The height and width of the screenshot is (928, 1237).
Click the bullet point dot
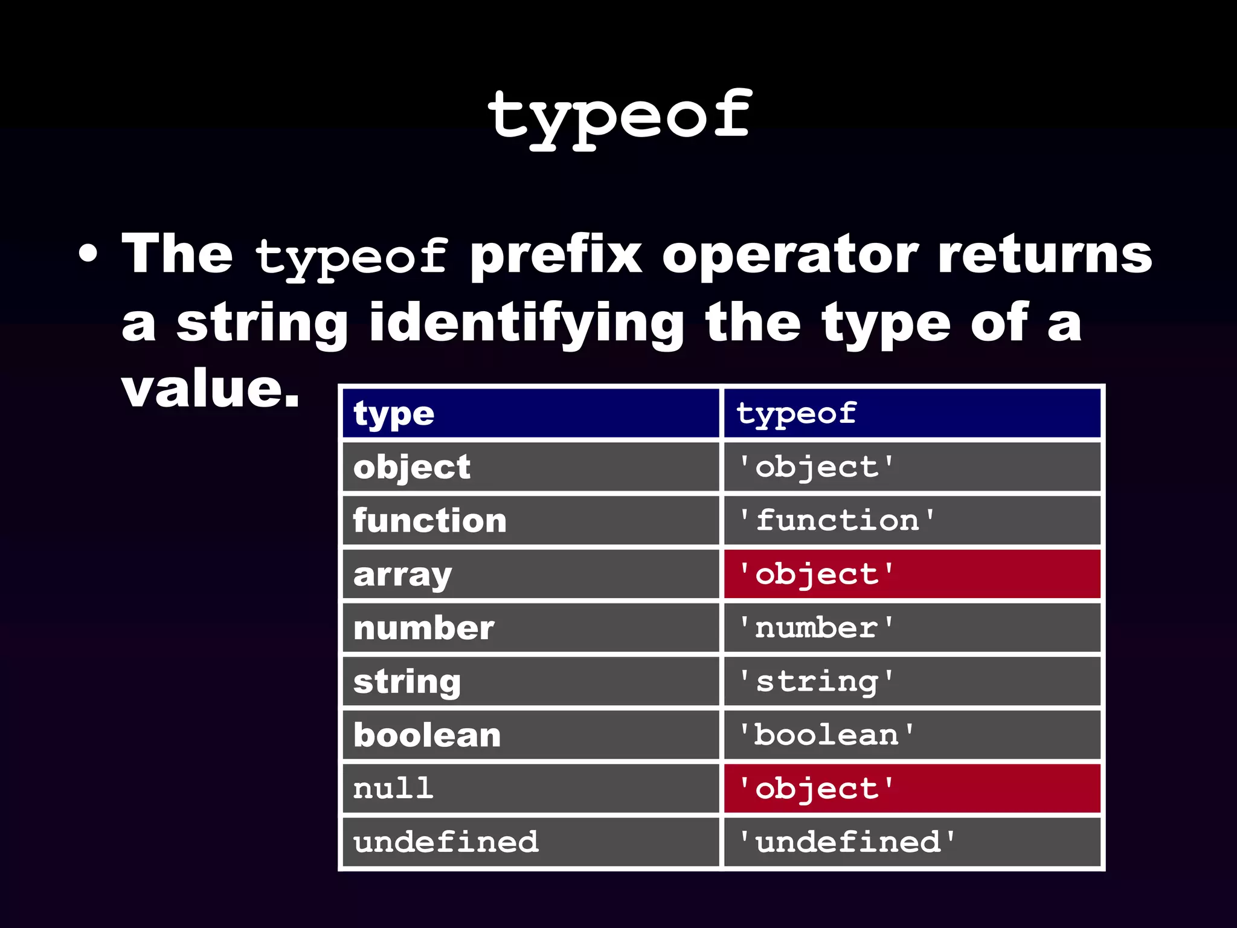click(88, 254)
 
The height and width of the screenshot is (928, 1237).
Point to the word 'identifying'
click(526, 324)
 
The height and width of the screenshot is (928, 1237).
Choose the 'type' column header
click(394, 414)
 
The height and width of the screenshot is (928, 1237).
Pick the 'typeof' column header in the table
click(795, 414)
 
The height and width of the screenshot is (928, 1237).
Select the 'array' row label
click(402, 575)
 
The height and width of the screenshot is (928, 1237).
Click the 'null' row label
click(393, 788)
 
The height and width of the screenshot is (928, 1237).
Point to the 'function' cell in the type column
click(429, 521)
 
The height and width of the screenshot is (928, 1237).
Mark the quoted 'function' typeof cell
click(837, 521)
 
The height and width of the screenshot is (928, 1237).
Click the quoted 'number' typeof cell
click(816, 628)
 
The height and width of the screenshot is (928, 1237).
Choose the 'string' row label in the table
click(407, 682)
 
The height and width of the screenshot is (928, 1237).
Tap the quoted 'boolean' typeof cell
click(826, 735)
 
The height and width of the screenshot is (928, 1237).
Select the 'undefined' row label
click(446, 842)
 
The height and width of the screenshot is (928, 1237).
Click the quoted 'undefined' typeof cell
click(847, 842)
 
